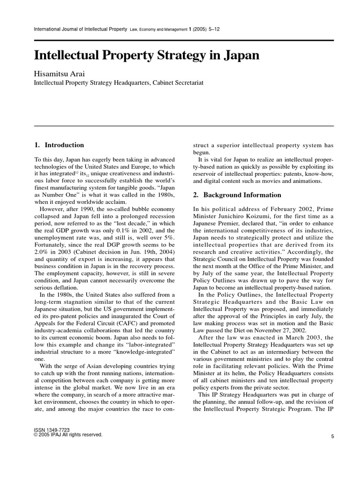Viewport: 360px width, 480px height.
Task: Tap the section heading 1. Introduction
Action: [x=59, y=145]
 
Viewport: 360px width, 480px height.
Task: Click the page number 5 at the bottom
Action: [x=332, y=436]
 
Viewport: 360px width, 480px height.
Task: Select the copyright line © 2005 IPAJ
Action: [x=68, y=435]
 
